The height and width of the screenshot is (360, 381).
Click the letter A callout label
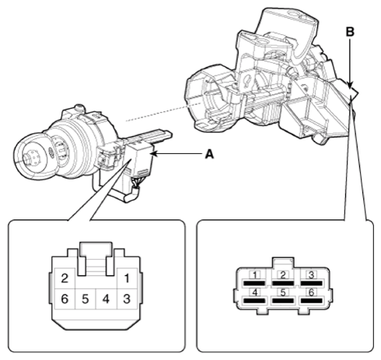point(209,154)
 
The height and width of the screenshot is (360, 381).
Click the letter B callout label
point(350,32)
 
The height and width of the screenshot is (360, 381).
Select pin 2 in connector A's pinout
point(65,278)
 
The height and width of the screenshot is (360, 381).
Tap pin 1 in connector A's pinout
point(127,278)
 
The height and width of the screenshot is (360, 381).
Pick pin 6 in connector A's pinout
point(65,299)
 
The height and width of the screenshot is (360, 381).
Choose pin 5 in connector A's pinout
point(86,299)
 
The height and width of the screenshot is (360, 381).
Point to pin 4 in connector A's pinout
point(106,299)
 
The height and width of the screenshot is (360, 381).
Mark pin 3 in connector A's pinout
point(127,299)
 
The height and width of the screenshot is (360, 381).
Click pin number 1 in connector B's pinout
point(255,274)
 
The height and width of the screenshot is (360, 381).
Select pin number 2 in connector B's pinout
point(283,274)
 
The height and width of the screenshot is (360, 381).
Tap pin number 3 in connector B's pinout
point(311,274)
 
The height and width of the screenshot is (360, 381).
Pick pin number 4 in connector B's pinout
point(255,292)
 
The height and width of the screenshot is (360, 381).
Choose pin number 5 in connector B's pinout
point(283,292)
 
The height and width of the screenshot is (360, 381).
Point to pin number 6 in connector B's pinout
point(311,292)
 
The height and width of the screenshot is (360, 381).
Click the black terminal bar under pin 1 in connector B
point(254,283)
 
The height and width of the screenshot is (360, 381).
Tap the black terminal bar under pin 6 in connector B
point(311,301)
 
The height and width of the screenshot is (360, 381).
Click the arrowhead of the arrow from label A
point(154,154)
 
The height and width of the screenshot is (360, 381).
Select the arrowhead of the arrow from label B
point(350,85)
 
